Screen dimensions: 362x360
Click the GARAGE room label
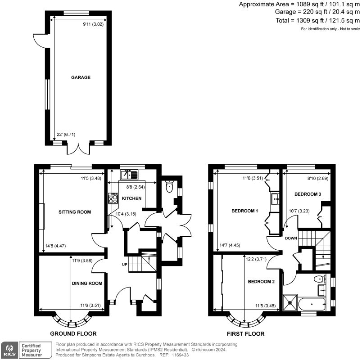(81, 77)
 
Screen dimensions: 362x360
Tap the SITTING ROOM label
(75, 212)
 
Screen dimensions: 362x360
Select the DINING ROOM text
(87, 283)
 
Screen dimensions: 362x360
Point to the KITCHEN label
(131, 198)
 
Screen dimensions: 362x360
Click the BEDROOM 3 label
(308, 194)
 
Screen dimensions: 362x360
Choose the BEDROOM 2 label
(261, 282)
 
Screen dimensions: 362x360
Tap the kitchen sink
(129, 175)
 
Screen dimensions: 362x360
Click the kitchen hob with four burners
(113, 199)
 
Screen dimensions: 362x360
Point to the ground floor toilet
(169, 186)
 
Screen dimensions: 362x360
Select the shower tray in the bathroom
(290, 302)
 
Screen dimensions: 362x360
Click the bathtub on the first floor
(312, 304)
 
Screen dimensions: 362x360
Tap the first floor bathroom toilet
(320, 279)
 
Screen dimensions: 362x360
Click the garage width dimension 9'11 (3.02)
(93, 24)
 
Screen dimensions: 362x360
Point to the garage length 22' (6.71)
(66, 134)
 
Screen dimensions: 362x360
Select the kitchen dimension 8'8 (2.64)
(136, 187)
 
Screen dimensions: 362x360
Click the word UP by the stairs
(125, 265)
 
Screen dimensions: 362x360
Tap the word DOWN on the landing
(291, 238)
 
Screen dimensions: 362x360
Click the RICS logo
(9, 350)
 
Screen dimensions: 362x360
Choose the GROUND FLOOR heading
(73, 333)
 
